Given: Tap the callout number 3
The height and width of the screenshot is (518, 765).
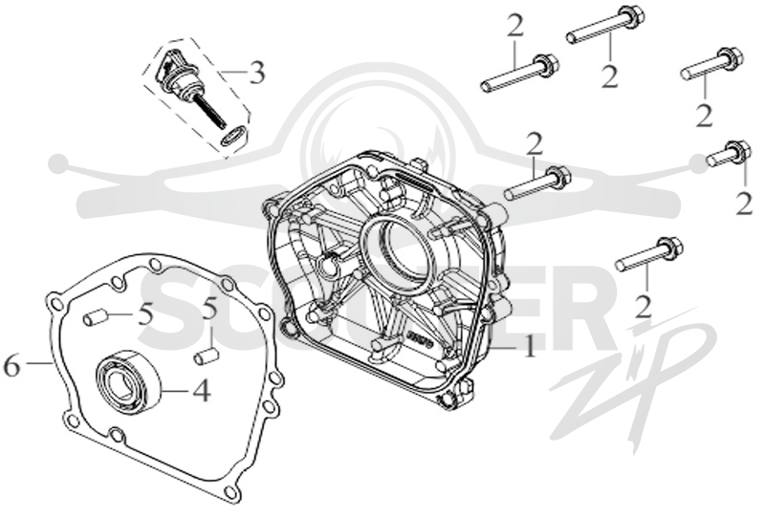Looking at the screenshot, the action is pyautogui.click(x=256, y=73).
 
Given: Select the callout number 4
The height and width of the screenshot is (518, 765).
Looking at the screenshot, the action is pyautogui.click(x=201, y=390).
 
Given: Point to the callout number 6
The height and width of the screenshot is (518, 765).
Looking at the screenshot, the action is pyautogui.click(x=12, y=365).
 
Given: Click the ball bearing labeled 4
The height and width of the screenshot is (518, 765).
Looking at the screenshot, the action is pyautogui.click(x=128, y=378).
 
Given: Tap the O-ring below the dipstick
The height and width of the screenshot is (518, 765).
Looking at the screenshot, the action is pyautogui.click(x=233, y=135).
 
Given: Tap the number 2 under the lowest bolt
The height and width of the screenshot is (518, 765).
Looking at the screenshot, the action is pyautogui.click(x=644, y=308).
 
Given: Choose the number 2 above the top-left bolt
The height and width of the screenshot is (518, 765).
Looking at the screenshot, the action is pyautogui.click(x=515, y=27).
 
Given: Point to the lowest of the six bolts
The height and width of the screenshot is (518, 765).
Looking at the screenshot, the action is pyautogui.click(x=648, y=253).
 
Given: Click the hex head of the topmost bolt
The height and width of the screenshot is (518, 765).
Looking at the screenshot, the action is pyautogui.click(x=632, y=18).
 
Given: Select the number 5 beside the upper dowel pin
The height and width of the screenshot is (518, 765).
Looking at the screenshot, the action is pyautogui.click(x=145, y=315).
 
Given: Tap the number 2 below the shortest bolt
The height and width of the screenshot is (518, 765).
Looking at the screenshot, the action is pyautogui.click(x=744, y=204).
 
